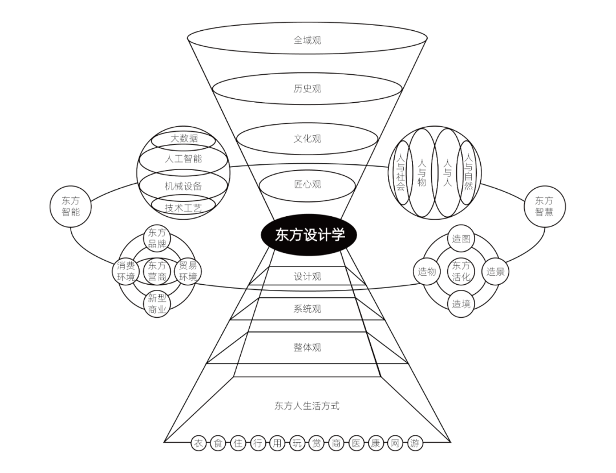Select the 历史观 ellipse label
click(x=307, y=89)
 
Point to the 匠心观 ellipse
click(x=307, y=184)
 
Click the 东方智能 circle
click(x=71, y=207)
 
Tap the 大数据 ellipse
click(x=184, y=139)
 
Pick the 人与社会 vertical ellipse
click(x=401, y=173)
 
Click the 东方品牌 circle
click(x=157, y=238)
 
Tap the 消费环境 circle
click(x=125, y=271)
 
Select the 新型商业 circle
click(x=157, y=304)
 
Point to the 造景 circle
click(x=496, y=272)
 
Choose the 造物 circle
click(x=427, y=272)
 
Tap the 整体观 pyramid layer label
click(x=307, y=347)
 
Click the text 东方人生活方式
click(x=307, y=406)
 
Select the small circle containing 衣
click(x=198, y=443)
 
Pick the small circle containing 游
click(x=415, y=443)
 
